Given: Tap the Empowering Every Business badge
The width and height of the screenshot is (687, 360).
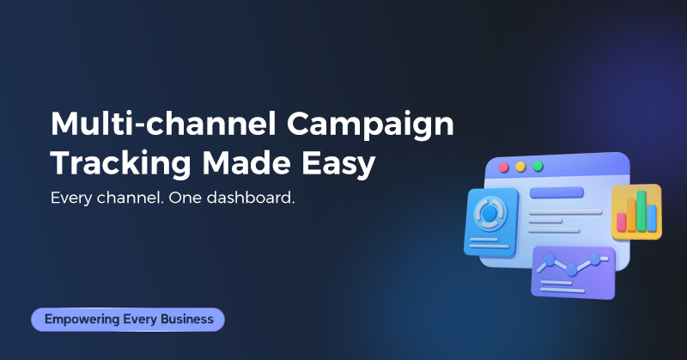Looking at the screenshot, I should (x=128, y=320).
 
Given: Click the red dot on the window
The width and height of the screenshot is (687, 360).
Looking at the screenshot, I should (x=505, y=167).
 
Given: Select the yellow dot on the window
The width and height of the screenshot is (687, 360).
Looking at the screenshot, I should (x=521, y=167).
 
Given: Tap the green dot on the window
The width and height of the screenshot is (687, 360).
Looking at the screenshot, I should (x=538, y=166).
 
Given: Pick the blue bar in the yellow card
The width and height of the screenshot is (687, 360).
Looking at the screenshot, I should (x=651, y=217).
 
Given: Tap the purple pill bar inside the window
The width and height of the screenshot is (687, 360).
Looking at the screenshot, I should (x=556, y=192).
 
